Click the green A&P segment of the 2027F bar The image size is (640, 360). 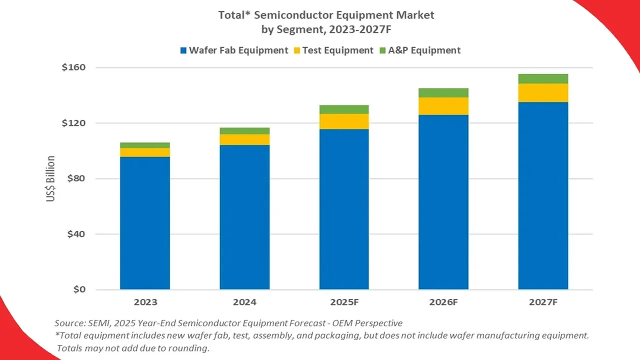click(x=543, y=78)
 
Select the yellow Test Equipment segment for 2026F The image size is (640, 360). click(x=443, y=106)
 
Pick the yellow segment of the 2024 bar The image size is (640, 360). click(x=244, y=139)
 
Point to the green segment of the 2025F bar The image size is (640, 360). click(x=344, y=109)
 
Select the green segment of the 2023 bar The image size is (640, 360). click(x=145, y=145)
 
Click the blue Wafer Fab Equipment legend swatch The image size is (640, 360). click(x=183, y=50)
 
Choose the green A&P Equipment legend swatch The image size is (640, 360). click(x=383, y=50)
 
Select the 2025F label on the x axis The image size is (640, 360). click(x=344, y=302)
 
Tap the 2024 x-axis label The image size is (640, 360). click(x=244, y=302)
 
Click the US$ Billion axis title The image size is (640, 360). click(x=51, y=178)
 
